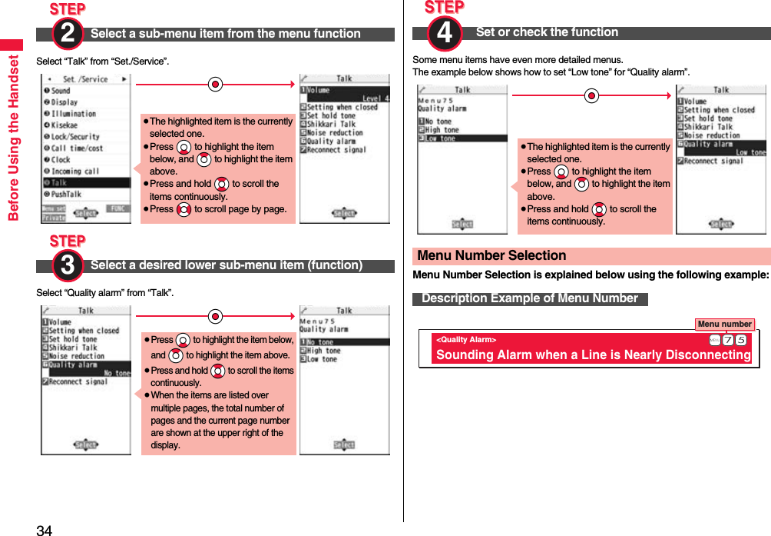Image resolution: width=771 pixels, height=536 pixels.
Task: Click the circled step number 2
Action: click(x=68, y=33)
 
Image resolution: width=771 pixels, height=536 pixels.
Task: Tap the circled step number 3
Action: click(x=68, y=265)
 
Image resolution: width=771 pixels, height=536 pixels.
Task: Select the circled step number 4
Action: click(x=445, y=33)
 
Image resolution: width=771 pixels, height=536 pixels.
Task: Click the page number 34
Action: click(x=45, y=529)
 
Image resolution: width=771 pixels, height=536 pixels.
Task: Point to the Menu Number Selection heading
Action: click(x=491, y=256)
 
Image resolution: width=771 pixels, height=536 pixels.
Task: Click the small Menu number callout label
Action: click(x=724, y=324)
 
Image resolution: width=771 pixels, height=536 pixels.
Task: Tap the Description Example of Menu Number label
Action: click(x=530, y=298)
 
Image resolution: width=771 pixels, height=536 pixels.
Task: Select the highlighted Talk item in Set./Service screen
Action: click(x=86, y=183)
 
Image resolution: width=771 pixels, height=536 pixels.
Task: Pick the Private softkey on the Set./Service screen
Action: click(x=53, y=218)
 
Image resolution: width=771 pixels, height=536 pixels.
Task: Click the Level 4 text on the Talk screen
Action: click(x=376, y=98)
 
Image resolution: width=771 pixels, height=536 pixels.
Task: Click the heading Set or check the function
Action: click(x=547, y=32)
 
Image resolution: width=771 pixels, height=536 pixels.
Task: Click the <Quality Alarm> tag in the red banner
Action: click(x=466, y=339)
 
